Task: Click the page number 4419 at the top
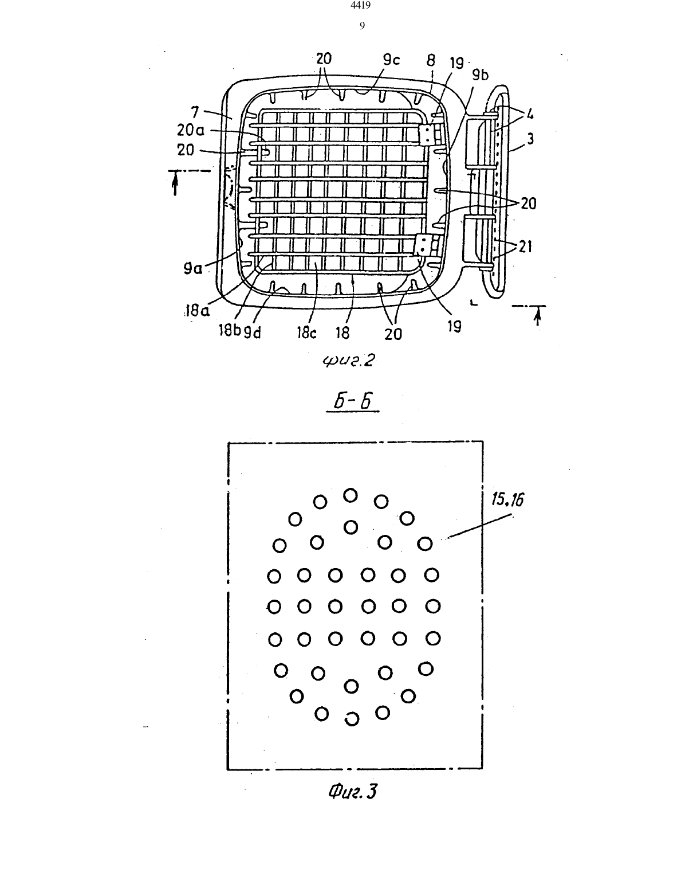point(361,5)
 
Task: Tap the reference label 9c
point(391,60)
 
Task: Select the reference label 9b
point(480,75)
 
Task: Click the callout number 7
point(195,112)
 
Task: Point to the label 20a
point(190,131)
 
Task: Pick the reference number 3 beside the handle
point(530,139)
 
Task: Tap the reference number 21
point(525,247)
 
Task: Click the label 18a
point(197,311)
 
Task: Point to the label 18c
point(307,333)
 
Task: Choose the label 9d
point(252,332)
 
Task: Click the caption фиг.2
point(349,361)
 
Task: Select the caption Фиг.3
point(353,791)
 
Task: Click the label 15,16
point(507,499)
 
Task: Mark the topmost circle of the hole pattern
point(350,495)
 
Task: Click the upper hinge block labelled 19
point(427,135)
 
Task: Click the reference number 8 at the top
point(431,61)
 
